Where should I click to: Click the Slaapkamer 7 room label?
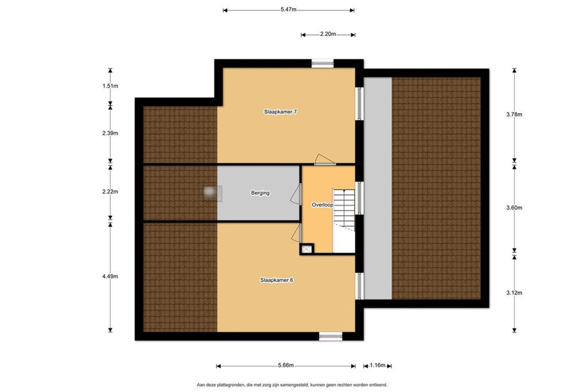pyautogui.click(x=280, y=112)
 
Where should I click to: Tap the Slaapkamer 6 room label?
pyautogui.click(x=277, y=280)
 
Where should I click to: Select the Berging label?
pyautogui.click(x=260, y=193)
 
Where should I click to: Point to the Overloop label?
pyautogui.click(x=322, y=205)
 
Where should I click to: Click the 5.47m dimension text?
pyautogui.click(x=289, y=10)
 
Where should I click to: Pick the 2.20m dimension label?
pyautogui.click(x=328, y=34)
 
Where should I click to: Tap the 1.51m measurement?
pyautogui.click(x=110, y=86)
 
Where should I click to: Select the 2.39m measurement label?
pyautogui.click(x=110, y=133)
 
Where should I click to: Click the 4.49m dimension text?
pyautogui.click(x=110, y=276)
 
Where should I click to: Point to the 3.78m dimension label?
pyautogui.click(x=514, y=115)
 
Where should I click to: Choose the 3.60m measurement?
pyautogui.click(x=514, y=208)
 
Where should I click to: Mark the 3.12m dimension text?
pyautogui.click(x=514, y=293)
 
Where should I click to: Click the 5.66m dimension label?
pyautogui.click(x=286, y=365)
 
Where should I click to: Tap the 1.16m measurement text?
pyautogui.click(x=377, y=365)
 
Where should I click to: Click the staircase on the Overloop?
pyautogui.click(x=344, y=221)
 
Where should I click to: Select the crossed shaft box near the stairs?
pyautogui.click(x=307, y=249)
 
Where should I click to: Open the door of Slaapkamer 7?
pyautogui.click(x=325, y=160)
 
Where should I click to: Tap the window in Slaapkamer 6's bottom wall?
pyautogui.click(x=331, y=337)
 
